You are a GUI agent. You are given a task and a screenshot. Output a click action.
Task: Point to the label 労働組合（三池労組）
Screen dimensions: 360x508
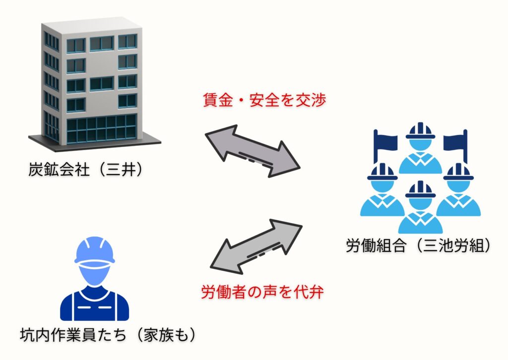tap(419, 245)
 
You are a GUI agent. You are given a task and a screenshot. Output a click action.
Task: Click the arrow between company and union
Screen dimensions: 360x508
tap(253, 151)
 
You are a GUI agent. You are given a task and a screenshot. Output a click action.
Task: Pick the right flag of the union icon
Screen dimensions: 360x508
tap(455, 141)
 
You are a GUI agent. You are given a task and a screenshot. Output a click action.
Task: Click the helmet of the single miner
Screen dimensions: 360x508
tap(94, 250)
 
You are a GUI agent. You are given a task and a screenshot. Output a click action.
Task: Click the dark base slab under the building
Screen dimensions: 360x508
tap(94, 143)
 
